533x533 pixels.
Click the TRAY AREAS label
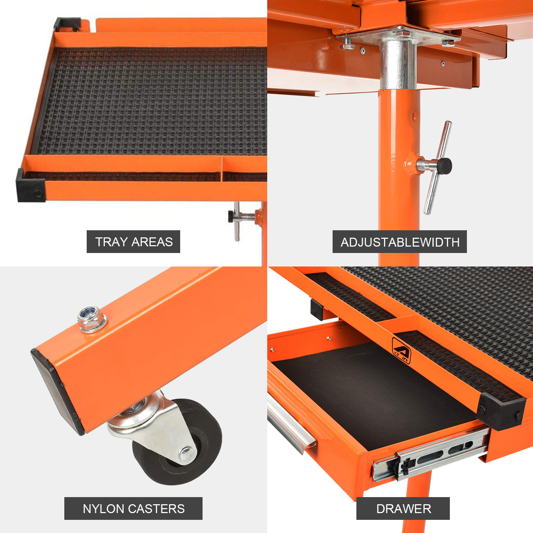(x=133, y=242)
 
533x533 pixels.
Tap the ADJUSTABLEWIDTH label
(x=399, y=242)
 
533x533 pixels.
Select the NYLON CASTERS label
(x=133, y=508)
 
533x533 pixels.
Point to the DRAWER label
(x=403, y=508)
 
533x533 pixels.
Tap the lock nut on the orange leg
(x=92, y=319)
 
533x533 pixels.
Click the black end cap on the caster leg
(x=57, y=391)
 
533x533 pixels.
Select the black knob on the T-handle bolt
(x=444, y=166)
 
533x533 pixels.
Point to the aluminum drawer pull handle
(x=290, y=425)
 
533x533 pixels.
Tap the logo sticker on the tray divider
(x=401, y=350)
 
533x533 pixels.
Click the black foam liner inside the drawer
(x=373, y=391)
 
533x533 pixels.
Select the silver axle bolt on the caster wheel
(x=187, y=454)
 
